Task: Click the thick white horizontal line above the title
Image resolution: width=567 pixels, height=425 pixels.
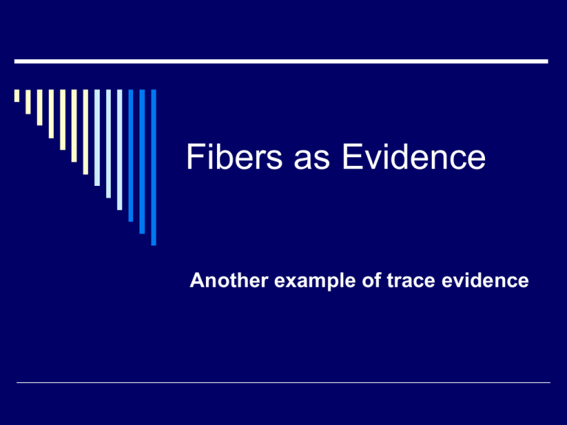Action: coord(282,61)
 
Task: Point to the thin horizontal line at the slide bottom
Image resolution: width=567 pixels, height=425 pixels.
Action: coord(282,383)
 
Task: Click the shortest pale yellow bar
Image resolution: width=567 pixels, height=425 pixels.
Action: coord(16,96)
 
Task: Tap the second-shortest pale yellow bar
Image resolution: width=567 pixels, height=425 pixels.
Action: coord(28,102)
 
